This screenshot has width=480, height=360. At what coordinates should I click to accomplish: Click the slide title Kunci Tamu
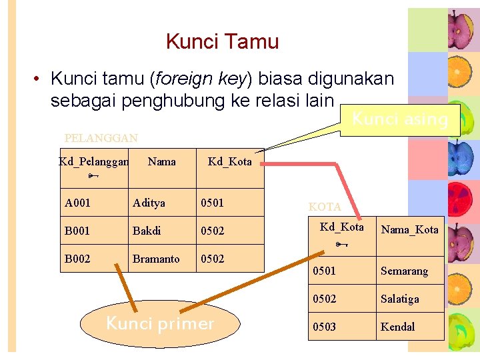(x=222, y=41)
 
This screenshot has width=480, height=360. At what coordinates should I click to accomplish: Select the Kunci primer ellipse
(x=160, y=324)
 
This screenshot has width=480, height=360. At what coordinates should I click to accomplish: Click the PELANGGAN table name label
(x=101, y=138)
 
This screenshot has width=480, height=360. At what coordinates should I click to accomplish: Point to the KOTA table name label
(x=325, y=207)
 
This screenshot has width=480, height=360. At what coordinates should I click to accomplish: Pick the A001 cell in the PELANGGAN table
(x=77, y=203)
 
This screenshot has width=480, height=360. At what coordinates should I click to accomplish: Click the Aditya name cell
(x=149, y=203)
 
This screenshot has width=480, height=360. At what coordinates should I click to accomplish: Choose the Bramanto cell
(x=156, y=259)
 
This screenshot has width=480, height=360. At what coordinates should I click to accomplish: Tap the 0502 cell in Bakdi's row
(x=213, y=231)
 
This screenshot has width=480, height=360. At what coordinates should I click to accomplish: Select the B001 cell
(x=77, y=231)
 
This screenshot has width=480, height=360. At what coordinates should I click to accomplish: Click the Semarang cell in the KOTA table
(x=404, y=271)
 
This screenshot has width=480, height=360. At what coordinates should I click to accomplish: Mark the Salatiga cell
(x=400, y=299)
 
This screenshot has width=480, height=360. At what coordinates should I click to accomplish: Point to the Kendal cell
(x=397, y=327)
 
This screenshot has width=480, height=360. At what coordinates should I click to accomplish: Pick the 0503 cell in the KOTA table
(x=325, y=327)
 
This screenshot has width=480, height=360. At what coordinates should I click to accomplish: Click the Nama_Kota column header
(x=409, y=229)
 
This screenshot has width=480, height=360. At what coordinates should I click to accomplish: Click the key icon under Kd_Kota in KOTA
(x=340, y=245)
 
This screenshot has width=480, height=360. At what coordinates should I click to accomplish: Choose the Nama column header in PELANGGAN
(x=161, y=161)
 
